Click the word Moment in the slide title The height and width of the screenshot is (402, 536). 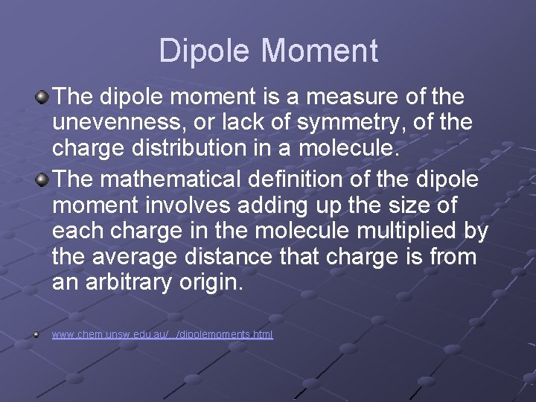coord(320,51)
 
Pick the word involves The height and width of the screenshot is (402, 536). coord(194,205)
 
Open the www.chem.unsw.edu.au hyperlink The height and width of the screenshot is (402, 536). coord(162,335)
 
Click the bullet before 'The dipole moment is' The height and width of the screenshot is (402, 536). coord(43,97)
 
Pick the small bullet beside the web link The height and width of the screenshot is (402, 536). coord(36,335)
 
